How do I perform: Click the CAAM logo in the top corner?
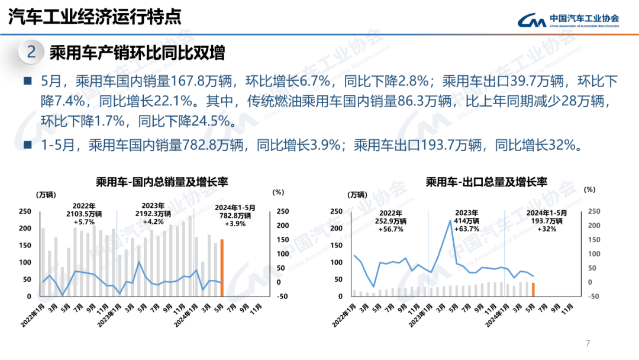[x=568, y=20]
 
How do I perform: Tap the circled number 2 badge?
[x=31, y=52]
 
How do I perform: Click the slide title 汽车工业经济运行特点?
[x=95, y=17]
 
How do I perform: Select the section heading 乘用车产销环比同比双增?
[x=137, y=53]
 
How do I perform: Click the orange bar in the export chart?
[x=533, y=290]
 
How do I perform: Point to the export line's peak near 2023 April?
[x=451, y=220]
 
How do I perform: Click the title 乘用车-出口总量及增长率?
[x=486, y=182]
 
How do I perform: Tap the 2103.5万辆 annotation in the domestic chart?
[x=84, y=213]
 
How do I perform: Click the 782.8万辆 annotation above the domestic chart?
[x=235, y=216]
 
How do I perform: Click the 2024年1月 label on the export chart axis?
[x=494, y=314]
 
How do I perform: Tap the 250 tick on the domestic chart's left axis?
[x=25, y=211]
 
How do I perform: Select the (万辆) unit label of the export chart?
[x=357, y=194]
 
